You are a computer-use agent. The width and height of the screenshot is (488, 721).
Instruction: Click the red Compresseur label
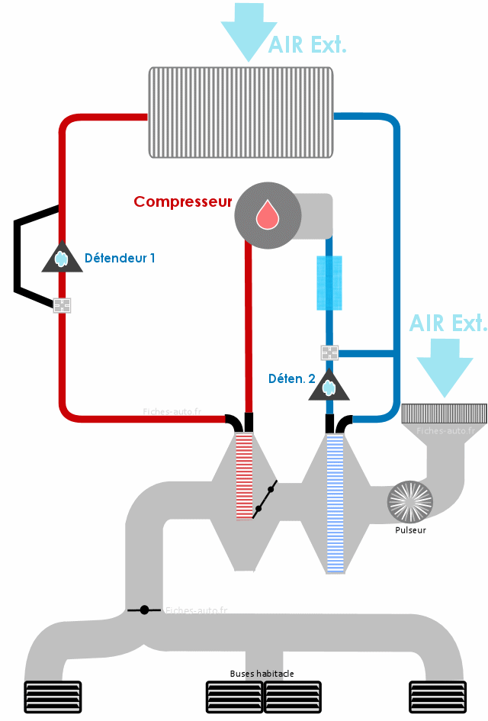pos(183,202)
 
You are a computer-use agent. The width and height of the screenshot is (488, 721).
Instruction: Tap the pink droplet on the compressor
pos(268,214)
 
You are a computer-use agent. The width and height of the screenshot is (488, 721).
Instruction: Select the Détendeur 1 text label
pos(120,258)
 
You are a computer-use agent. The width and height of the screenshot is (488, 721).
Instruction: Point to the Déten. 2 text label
pos(292,379)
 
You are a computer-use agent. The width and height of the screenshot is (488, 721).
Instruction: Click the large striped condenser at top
pos(241,113)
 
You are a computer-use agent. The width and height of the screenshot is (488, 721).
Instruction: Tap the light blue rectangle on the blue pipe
pos(329,283)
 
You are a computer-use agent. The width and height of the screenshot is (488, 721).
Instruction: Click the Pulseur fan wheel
pos(410,502)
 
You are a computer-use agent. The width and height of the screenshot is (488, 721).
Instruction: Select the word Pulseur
pos(410,530)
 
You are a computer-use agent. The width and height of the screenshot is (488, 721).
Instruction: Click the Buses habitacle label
pos(262,674)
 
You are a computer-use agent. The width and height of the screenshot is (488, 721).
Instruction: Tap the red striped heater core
pos(245,477)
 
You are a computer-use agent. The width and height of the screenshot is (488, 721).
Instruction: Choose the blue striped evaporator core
pos(335,504)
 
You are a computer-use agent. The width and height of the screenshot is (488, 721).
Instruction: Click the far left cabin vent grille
pos(53,697)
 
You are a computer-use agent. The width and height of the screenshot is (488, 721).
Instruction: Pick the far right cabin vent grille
pos(438,697)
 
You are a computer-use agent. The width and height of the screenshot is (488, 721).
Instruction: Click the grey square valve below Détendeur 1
pos(62,305)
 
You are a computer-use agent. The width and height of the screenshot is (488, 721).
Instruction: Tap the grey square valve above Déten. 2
pos(329,353)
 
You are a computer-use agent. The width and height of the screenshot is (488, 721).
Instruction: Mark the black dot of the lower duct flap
pos(144,610)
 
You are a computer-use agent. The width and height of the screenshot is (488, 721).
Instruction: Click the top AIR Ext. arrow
pos(249,32)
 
